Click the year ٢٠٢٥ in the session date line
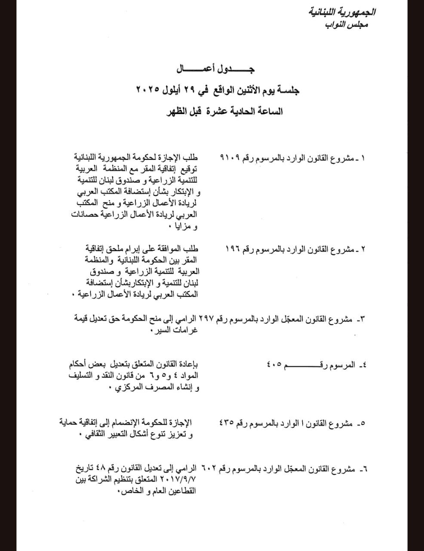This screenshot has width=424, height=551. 148,90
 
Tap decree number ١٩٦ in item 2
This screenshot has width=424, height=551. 234,249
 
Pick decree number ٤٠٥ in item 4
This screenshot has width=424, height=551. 274,365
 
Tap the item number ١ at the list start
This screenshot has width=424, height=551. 363,158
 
